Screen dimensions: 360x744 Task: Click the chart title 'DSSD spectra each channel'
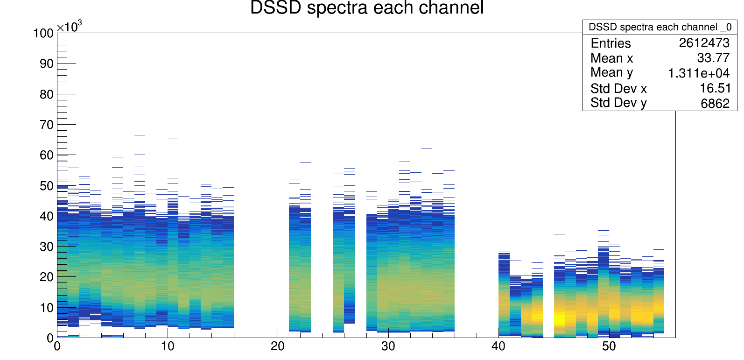[367, 8]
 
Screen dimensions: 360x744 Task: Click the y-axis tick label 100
[43, 34]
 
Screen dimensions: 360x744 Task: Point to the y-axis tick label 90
[47, 64]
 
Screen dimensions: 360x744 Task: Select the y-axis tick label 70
[47, 125]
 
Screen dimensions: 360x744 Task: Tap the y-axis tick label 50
[47, 186]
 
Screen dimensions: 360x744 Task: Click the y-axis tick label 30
[47, 247]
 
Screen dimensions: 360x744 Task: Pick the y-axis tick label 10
[47, 308]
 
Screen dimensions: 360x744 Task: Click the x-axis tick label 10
[167, 346]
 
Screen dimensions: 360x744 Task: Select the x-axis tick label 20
[278, 346]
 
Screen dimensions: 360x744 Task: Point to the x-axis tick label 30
[388, 346]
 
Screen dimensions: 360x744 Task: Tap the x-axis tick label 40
[498, 346]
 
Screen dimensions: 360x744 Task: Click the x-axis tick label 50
[609, 346]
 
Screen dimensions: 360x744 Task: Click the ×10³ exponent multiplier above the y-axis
[69, 27]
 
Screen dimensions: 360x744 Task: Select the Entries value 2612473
[704, 43]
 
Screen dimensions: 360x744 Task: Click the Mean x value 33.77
[713, 58]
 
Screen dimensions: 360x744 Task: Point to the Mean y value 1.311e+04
[699, 73]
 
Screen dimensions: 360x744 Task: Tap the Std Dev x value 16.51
[714, 88]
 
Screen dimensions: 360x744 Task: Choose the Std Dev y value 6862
[715, 103]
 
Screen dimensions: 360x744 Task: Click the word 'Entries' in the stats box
[611, 43]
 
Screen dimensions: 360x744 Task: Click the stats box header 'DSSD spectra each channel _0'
[660, 27]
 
